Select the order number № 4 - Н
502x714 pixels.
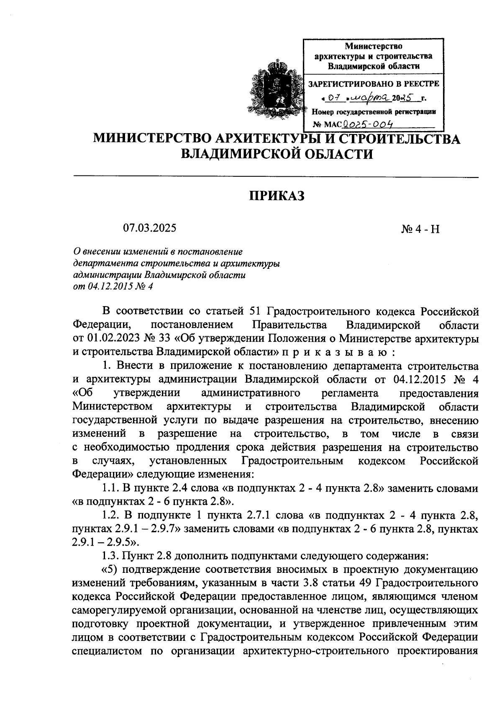click(x=420, y=229)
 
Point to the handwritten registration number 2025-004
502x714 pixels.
click(x=369, y=124)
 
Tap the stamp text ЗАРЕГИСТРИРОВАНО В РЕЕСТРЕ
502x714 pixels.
click(x=374, y=84)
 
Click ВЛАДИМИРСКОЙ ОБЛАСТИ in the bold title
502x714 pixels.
click(x=276, y=154)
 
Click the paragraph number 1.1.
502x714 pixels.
click(x=110, y=488)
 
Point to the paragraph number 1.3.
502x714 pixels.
click(x=110, y=556)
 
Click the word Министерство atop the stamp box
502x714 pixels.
click(x=374, y=46)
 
